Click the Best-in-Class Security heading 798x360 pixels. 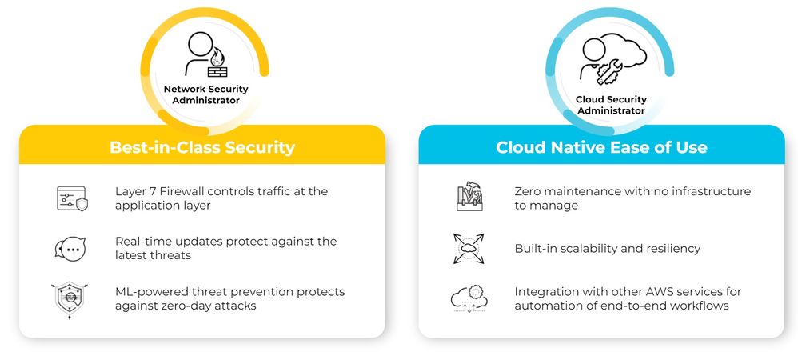[x=202, y=147]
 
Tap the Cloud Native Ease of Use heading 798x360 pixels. [x=601, y=147]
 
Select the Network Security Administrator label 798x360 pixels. [x=205, y=94]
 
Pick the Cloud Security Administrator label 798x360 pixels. [x=611, y=104]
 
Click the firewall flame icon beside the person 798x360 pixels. [x=217, y=64]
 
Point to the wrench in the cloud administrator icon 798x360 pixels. [x=608, y=72]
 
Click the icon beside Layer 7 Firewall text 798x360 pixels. [x=72, y=198]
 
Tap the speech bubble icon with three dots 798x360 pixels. [x=70, y=250]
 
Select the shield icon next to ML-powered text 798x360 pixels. [x=70, y=301]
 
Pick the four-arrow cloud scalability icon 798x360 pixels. [x=469, y=249]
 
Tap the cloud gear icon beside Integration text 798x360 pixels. [x=469, y=299]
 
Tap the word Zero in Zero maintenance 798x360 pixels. [x=526, y=191]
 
